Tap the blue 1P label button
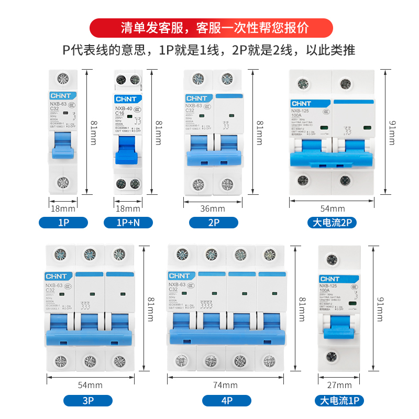click(x=63, y=223)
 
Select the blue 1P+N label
click(x=128, y=223)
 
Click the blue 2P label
click(x=214, y=223)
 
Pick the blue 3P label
click(x=88, y=401)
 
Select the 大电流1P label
click(x=339, y=401)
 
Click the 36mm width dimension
click(x=213, y=208)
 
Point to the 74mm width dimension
click(x=228, y=386)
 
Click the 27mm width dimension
click(x=339, y=386)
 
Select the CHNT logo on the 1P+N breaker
click(x=126, y=98)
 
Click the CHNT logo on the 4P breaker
click(x=179, y=274)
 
